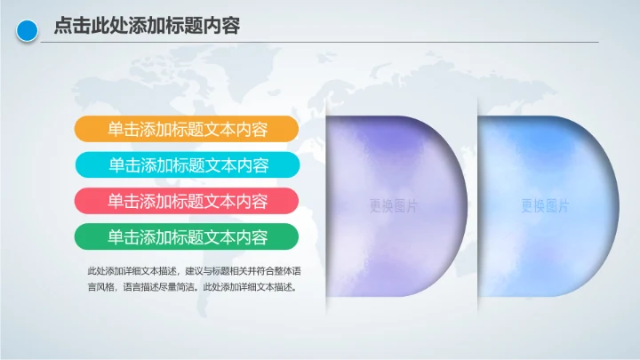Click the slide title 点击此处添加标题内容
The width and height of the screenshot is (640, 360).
[146, 27]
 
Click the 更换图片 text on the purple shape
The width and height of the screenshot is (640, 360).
[394, 206]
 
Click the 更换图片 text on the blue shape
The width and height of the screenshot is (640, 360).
[545, 206]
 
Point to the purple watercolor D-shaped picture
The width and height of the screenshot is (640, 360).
[391, 160]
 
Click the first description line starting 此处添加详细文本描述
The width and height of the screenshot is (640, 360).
[194, 270]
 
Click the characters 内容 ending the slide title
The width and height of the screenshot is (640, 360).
[221, 27]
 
